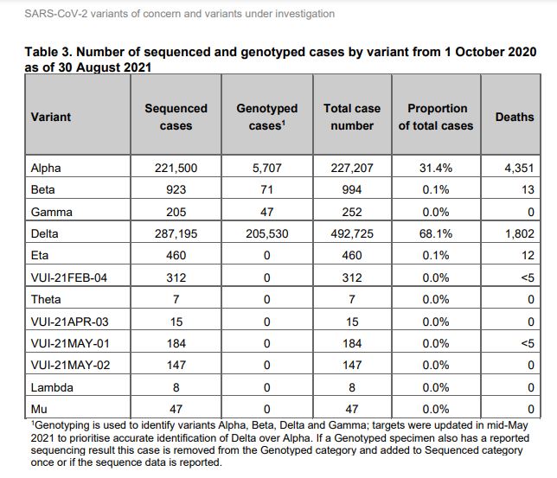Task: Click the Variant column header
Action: click(x=51, y=117)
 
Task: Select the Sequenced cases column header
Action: click(x=176, y=117)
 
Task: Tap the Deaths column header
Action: click(x=515, y=117)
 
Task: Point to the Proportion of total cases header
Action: click(x=436, y=117)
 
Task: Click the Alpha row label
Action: click(x=46, y=168)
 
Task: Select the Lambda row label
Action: click(x=52, y=387)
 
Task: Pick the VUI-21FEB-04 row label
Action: click(x=69, y=277)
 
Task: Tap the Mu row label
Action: click(x=39, y=409)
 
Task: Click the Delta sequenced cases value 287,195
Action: click(x=176, y=233)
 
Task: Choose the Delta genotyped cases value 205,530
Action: click(x=267, y=233)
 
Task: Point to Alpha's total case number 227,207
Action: click(x=352, y=168)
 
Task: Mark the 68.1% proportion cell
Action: click(x=436, y=233)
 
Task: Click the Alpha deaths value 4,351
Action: click(x=519, y=168)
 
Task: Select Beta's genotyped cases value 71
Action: click(x=266, y=189)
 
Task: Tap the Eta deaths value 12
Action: click(x=528, y=255)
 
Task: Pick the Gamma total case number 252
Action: click(x=352, y=212)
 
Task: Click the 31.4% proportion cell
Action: click(x=436, y=168)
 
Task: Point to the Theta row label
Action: click(x=46, y=299)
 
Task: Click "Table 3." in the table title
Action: click(x=48, y=52)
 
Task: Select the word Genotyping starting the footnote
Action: click(x=57, y=425)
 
